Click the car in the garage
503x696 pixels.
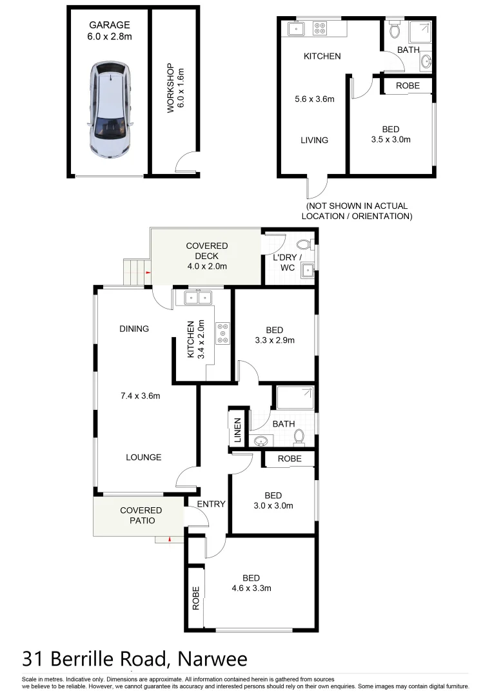coord(110,110)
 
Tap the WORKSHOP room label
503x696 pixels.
coord(176,88)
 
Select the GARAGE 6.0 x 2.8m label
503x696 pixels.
coord(110,31)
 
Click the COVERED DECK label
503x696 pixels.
coord(206,256)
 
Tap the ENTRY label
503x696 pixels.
coord(211,504)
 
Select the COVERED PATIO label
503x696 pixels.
coord(141,516)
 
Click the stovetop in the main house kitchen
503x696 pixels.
coord(223,333)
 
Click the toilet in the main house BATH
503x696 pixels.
coord(299,438)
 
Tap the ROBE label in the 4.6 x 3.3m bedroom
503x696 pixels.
coord(196,598)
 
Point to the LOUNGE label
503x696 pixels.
coord(143,457)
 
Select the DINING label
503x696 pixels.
coord(134,329)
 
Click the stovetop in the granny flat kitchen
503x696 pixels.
coord(319,28)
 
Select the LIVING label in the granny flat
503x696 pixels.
coord(314,140)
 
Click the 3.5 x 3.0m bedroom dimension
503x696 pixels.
coord(391,139)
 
